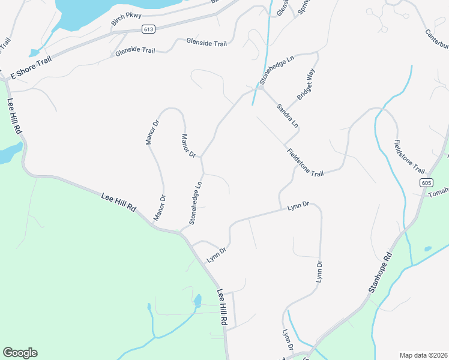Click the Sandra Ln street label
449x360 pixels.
pos(287,116)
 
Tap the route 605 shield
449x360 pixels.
pos(426,182)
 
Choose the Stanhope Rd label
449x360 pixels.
pos(379,272)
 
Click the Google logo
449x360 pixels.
pos(20,353)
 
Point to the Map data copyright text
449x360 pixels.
pos(424,355)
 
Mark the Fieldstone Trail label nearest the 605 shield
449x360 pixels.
pos(409,157)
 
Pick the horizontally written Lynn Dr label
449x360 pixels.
pos(298,206)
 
